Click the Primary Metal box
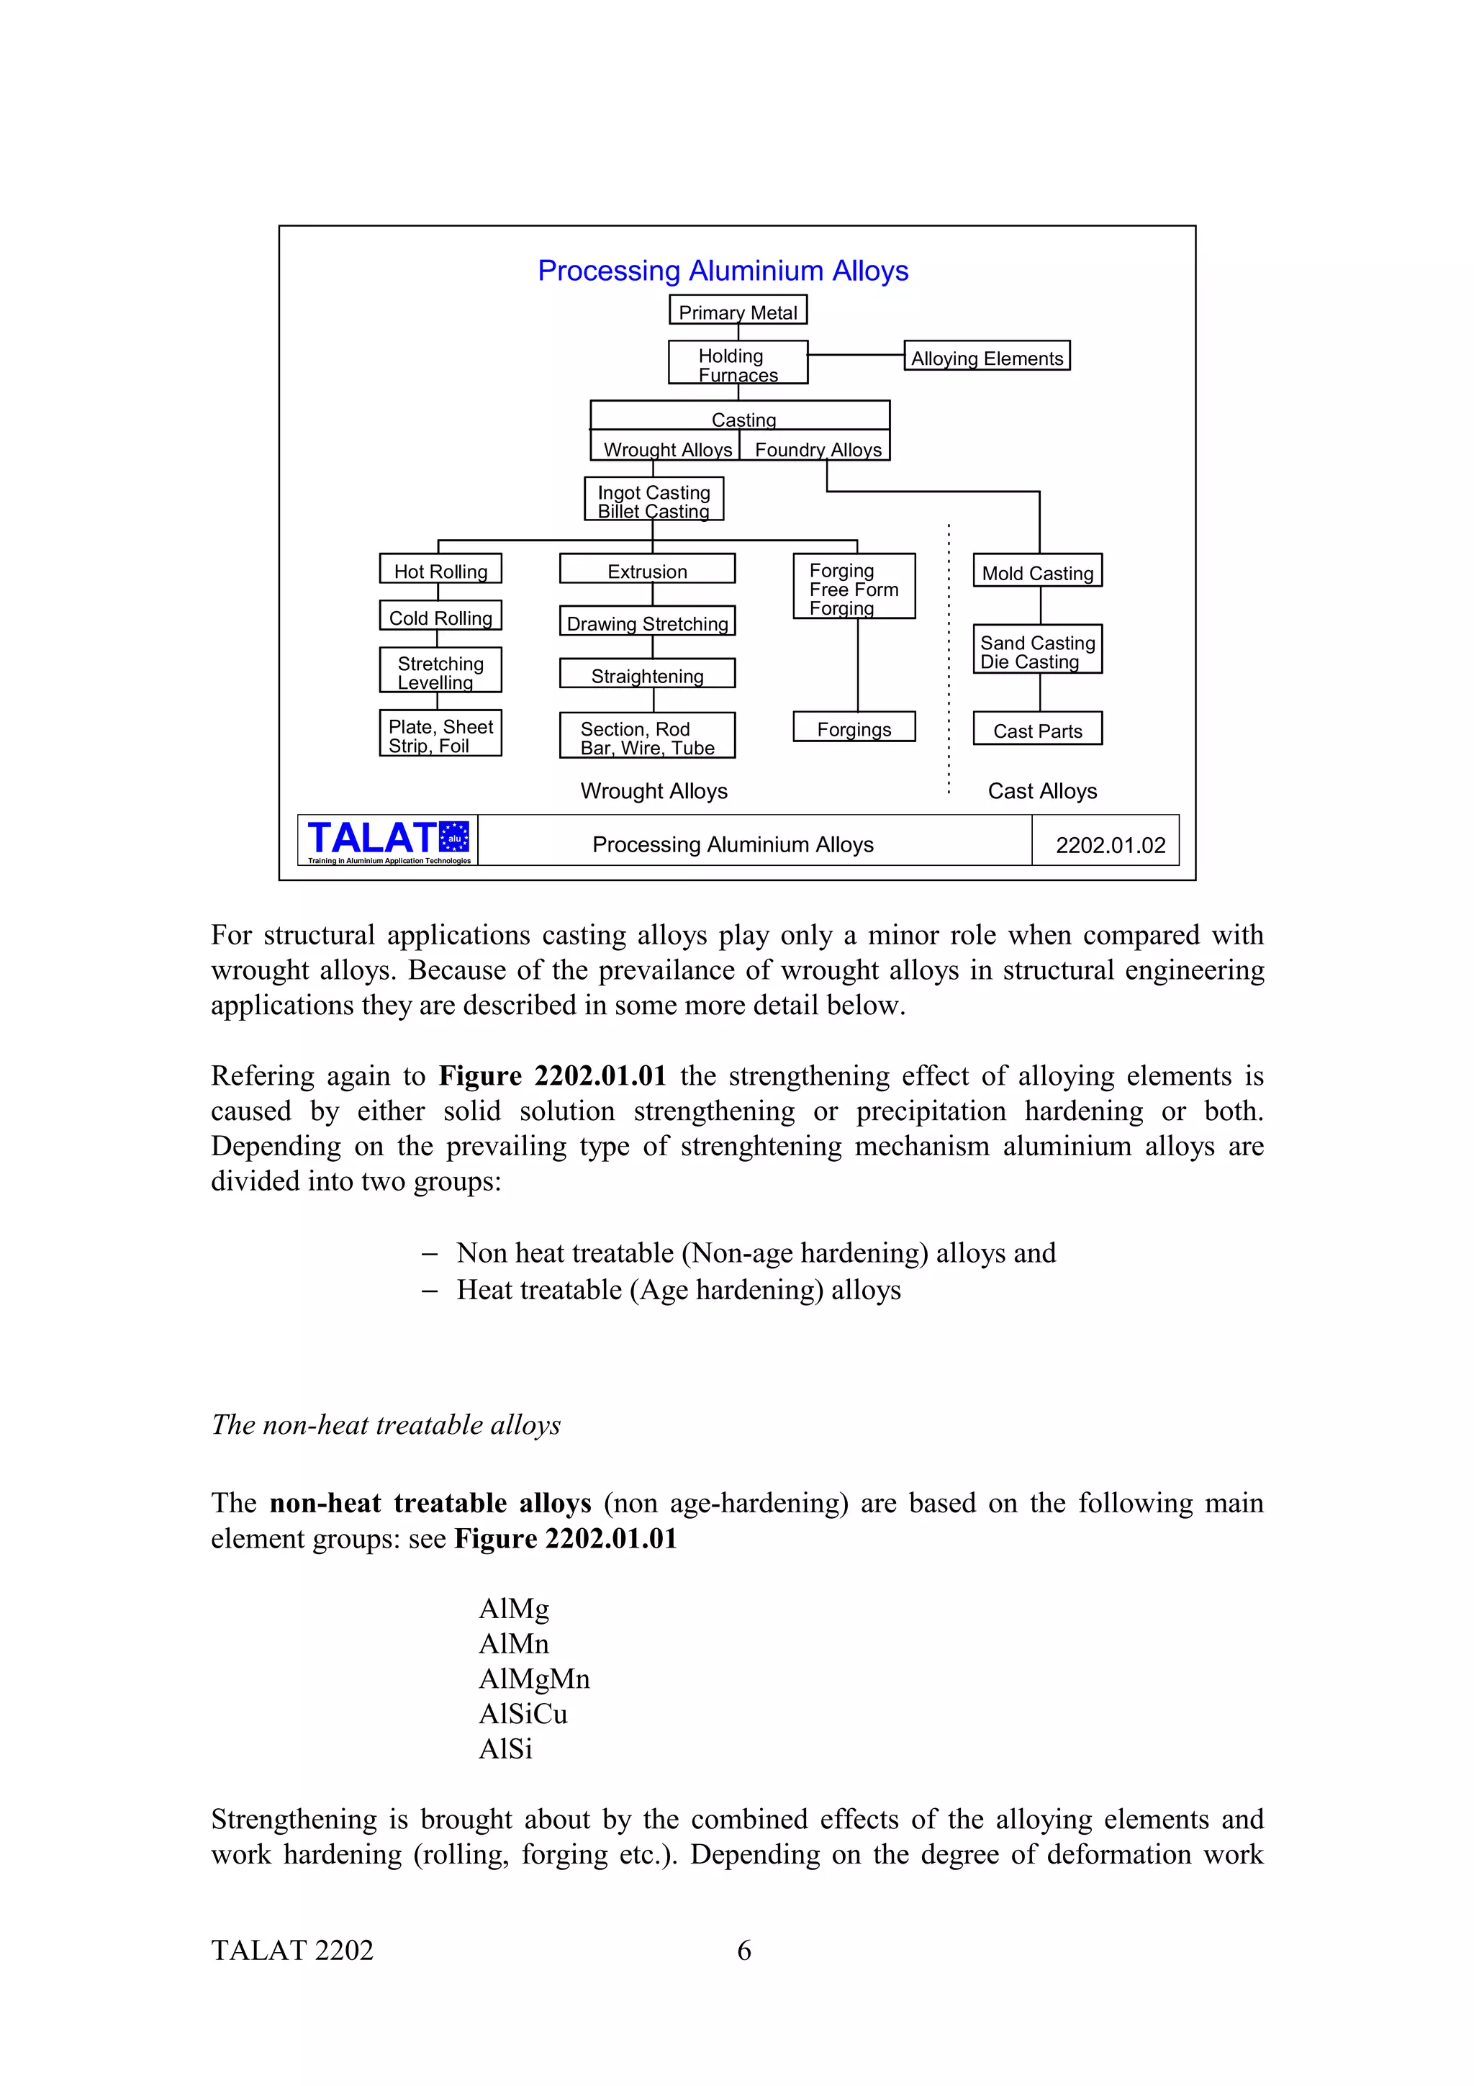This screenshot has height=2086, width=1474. tap(738, 311)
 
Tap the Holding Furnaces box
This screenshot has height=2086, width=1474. tap(738, 364)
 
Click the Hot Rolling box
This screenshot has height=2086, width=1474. tap(440, 569)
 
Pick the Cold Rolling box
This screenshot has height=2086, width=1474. tap(440, 616)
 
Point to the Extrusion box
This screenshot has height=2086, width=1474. tap(646, 569)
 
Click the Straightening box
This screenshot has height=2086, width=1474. tap(646, 674)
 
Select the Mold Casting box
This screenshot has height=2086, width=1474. tap(1037, 572)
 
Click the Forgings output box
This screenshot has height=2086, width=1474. tap(854, 728)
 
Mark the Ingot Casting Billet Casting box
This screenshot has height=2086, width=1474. tap(653, 500)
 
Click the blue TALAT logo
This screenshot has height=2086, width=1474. tap(388, 839)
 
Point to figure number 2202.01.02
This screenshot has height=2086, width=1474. tap(1110, 845)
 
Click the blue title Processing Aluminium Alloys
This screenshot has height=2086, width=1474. tap(723, 271)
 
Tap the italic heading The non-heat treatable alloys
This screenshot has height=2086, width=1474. tap(386, 1424)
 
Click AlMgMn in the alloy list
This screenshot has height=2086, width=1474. tap(534, 1678)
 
